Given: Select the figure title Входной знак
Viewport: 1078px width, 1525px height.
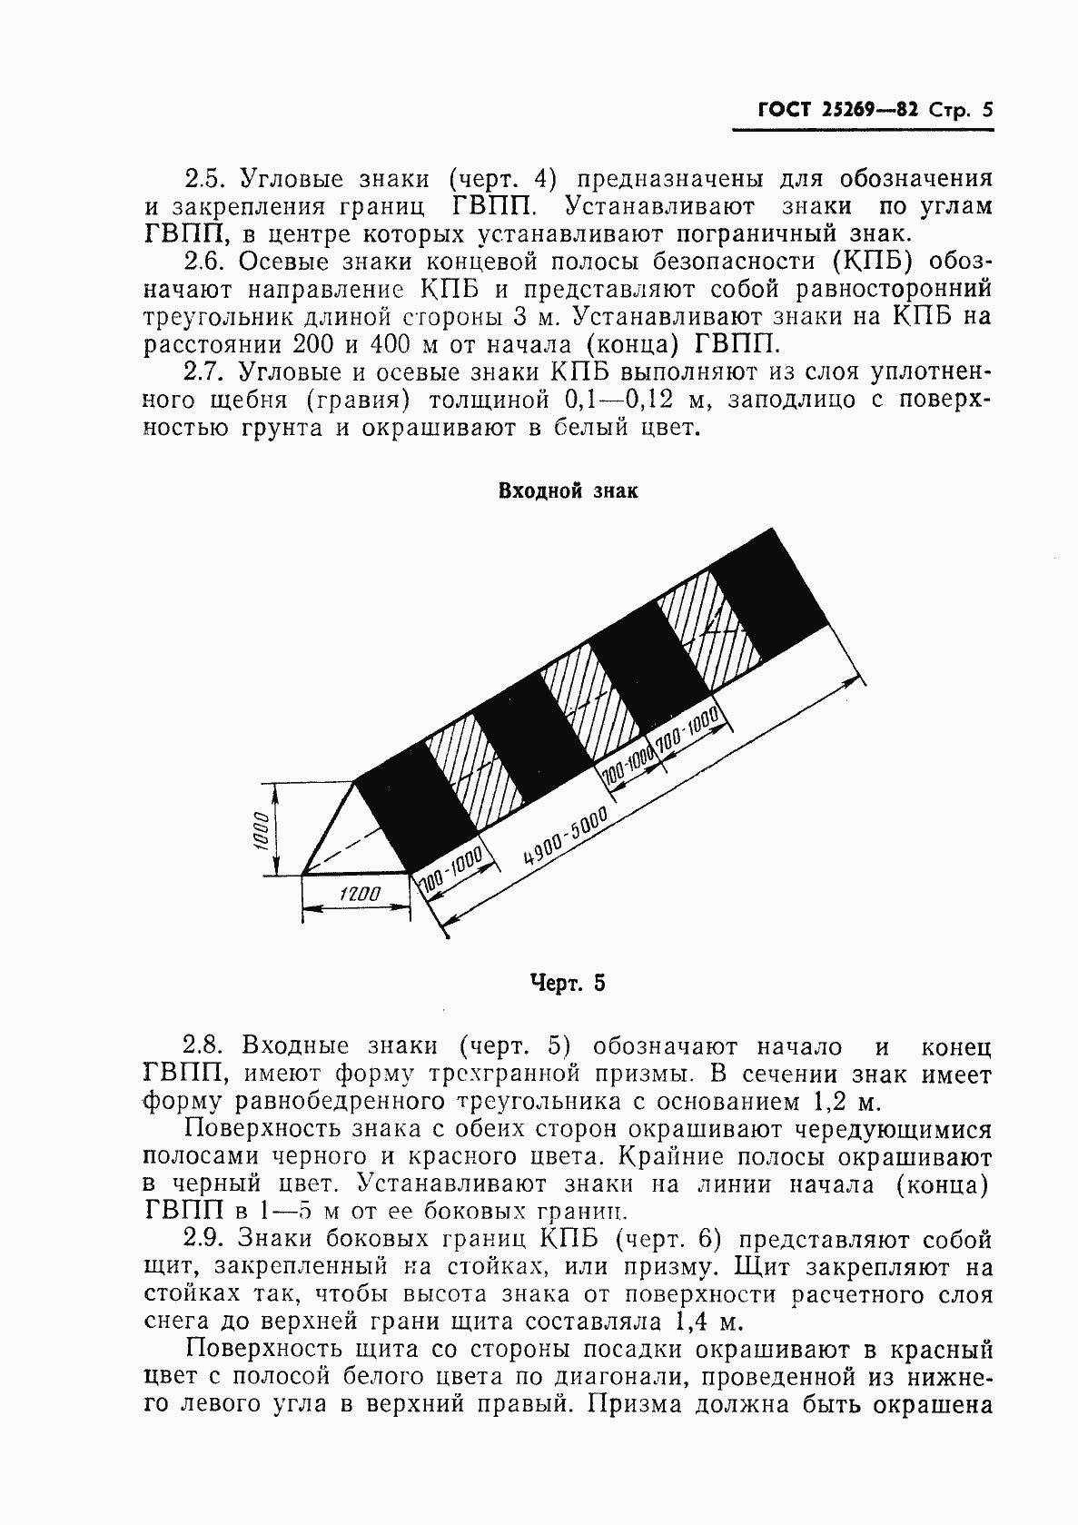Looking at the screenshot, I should click(x=568, y=491).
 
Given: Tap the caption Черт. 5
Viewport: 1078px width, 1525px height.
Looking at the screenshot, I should click(x=567, y=983).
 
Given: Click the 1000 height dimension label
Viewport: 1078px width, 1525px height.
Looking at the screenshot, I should click(x=259, y=828).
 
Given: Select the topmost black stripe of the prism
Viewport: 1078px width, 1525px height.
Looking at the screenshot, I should click(x=769, y=596).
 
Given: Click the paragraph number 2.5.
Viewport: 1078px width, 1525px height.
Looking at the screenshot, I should click(x=205, y=178).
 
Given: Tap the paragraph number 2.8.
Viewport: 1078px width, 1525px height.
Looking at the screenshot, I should click(x=205, y=1046).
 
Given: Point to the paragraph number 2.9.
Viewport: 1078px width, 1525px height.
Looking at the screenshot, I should click(x=205, y=1240).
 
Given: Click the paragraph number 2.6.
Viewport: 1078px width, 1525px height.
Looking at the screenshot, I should click(x=205, y=262).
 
